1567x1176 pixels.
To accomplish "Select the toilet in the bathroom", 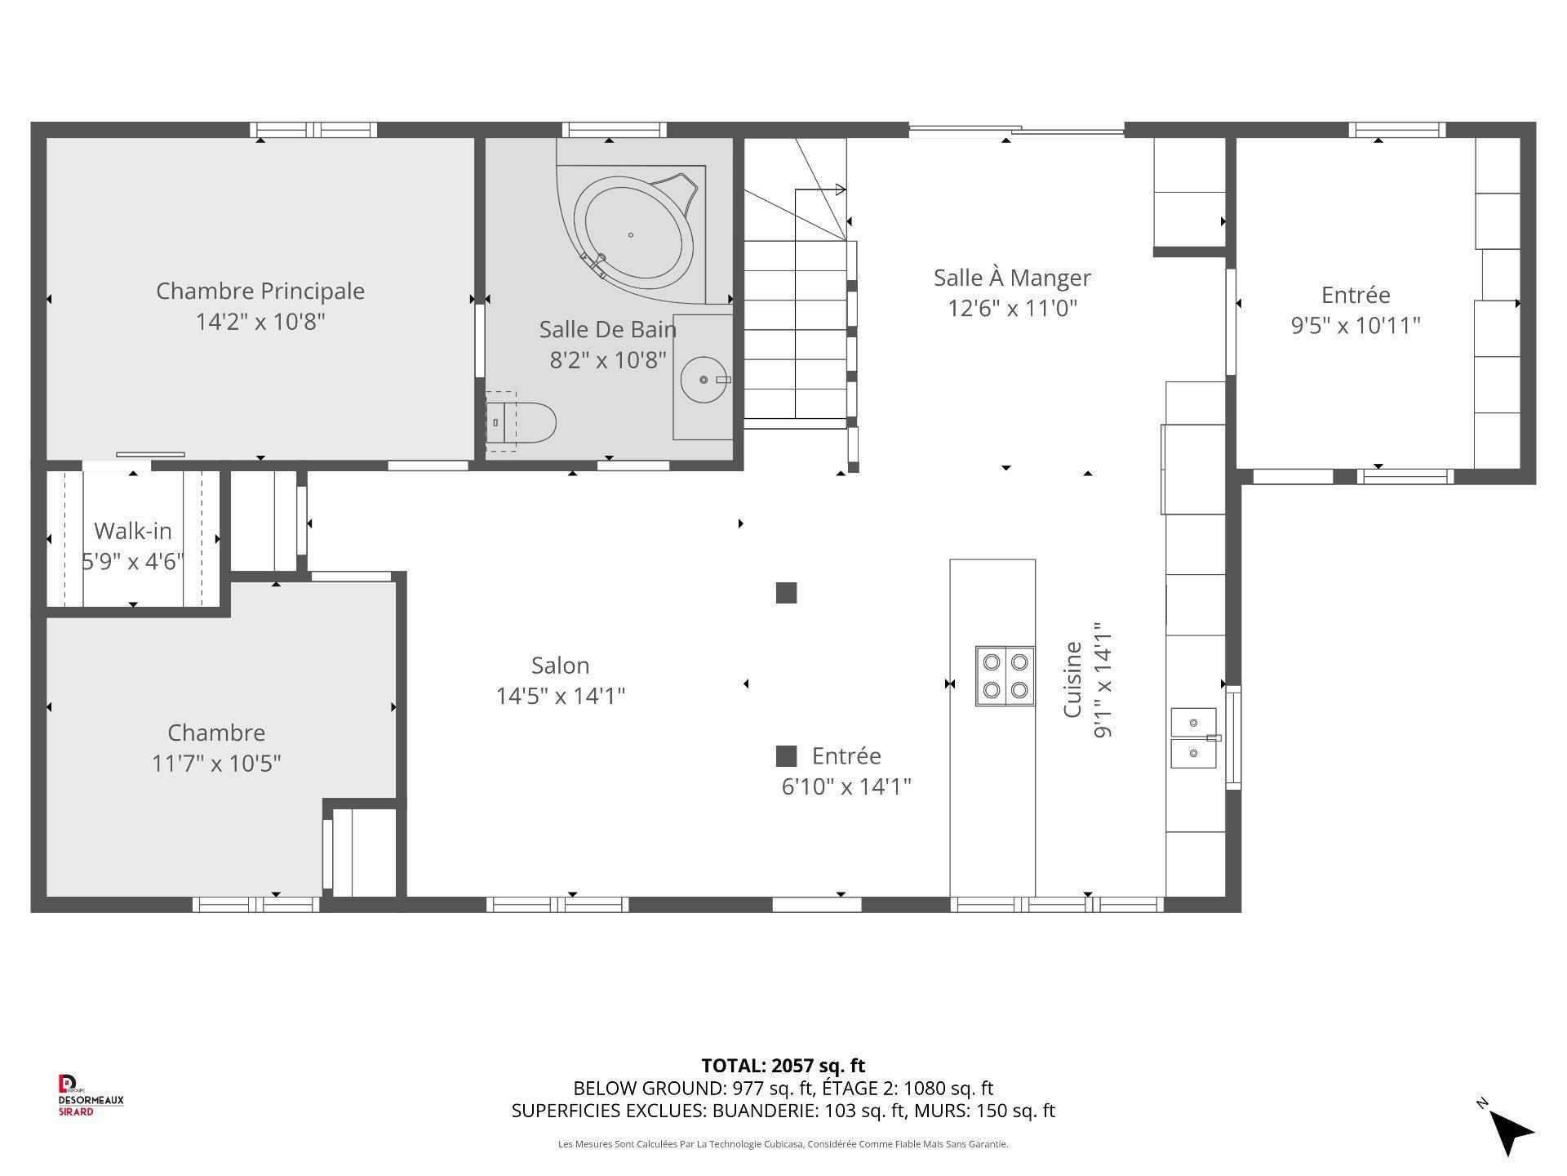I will tap(522, 423).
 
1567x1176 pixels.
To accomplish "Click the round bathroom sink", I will tap(704, 380).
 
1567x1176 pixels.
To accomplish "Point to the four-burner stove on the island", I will tap(1005, 675).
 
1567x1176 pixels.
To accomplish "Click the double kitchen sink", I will tap(1193, 738).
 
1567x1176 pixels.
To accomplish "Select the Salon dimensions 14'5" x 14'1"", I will tap(561, 696).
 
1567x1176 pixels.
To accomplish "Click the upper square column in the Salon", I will tap(786, 593).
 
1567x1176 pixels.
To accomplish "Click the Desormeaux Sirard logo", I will tap(90, 1095).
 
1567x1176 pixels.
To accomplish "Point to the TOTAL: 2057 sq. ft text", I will tap(783, 1065).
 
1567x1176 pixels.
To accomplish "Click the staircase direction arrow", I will tap(839, 190).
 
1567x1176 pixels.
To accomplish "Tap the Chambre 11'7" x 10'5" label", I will tap(216, 747).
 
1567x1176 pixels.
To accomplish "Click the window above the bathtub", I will tap(614, 130).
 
